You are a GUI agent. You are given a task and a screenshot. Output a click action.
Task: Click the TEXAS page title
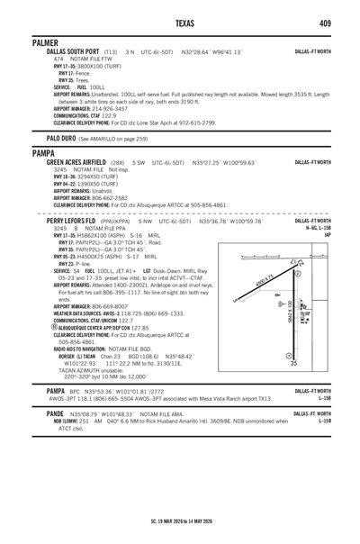[x=180, y=23]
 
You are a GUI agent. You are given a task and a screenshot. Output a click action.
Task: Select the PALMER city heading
[x=45, y=42]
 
